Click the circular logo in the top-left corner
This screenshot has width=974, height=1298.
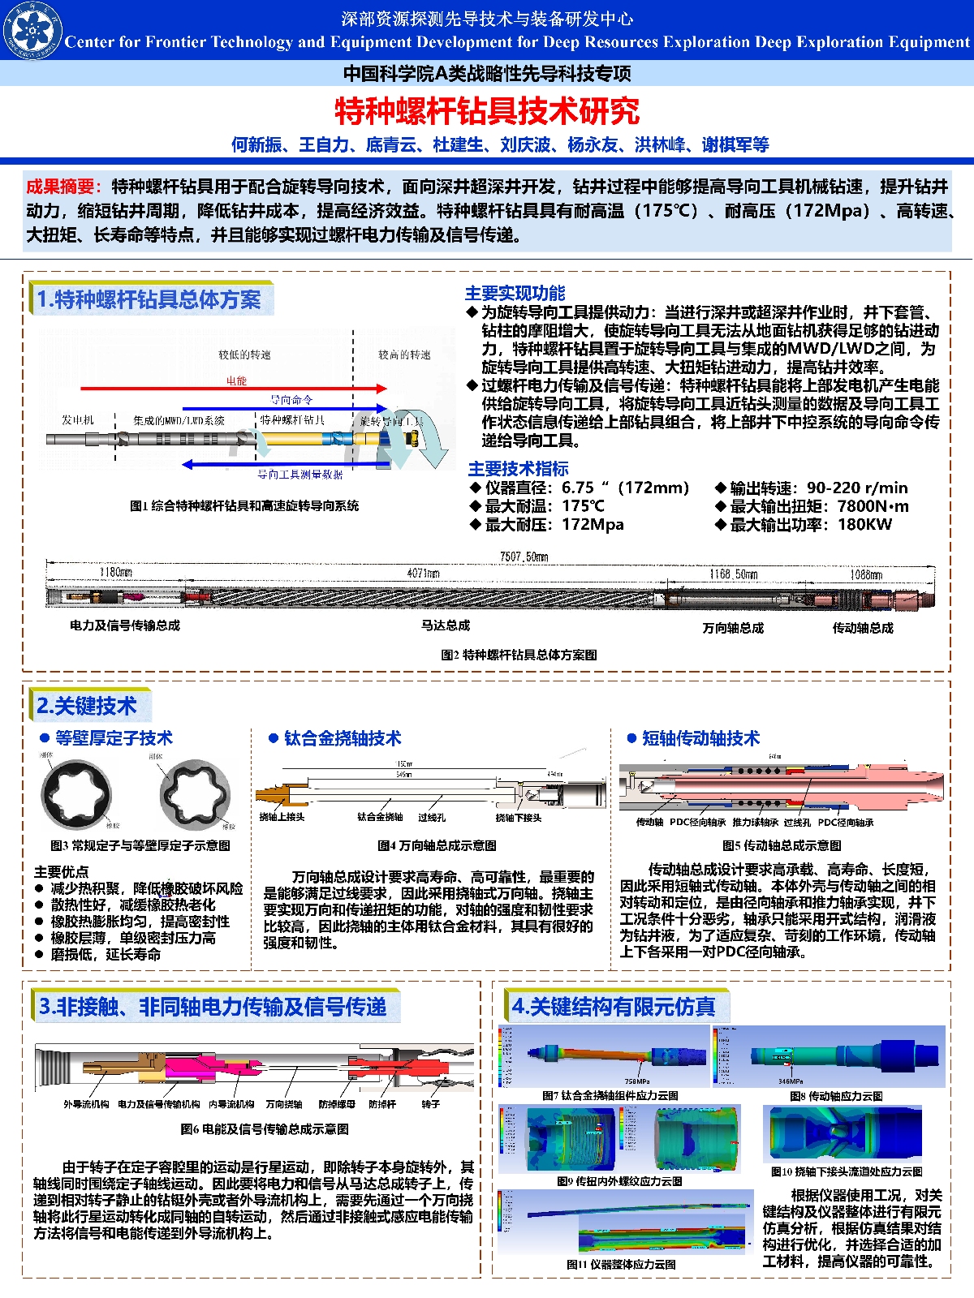32,31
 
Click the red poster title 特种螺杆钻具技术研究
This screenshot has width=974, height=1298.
487,111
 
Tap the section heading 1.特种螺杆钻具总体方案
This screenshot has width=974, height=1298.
149,300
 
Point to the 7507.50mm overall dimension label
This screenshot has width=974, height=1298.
524,557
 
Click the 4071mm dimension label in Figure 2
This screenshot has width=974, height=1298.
423,574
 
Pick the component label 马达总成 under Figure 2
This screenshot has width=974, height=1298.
446,625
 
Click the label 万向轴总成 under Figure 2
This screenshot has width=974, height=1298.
733,628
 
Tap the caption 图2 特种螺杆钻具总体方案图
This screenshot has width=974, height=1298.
519,655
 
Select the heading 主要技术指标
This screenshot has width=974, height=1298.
518,469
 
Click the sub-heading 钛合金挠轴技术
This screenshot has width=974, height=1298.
342,738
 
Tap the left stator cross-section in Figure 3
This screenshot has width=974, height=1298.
76,794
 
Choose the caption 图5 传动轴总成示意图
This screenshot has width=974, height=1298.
781,845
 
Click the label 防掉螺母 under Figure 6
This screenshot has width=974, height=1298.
337,1104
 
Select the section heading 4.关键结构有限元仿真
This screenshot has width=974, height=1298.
614,1007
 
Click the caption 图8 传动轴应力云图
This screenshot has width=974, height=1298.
836,1096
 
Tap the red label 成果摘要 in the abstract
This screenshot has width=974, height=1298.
62,187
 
